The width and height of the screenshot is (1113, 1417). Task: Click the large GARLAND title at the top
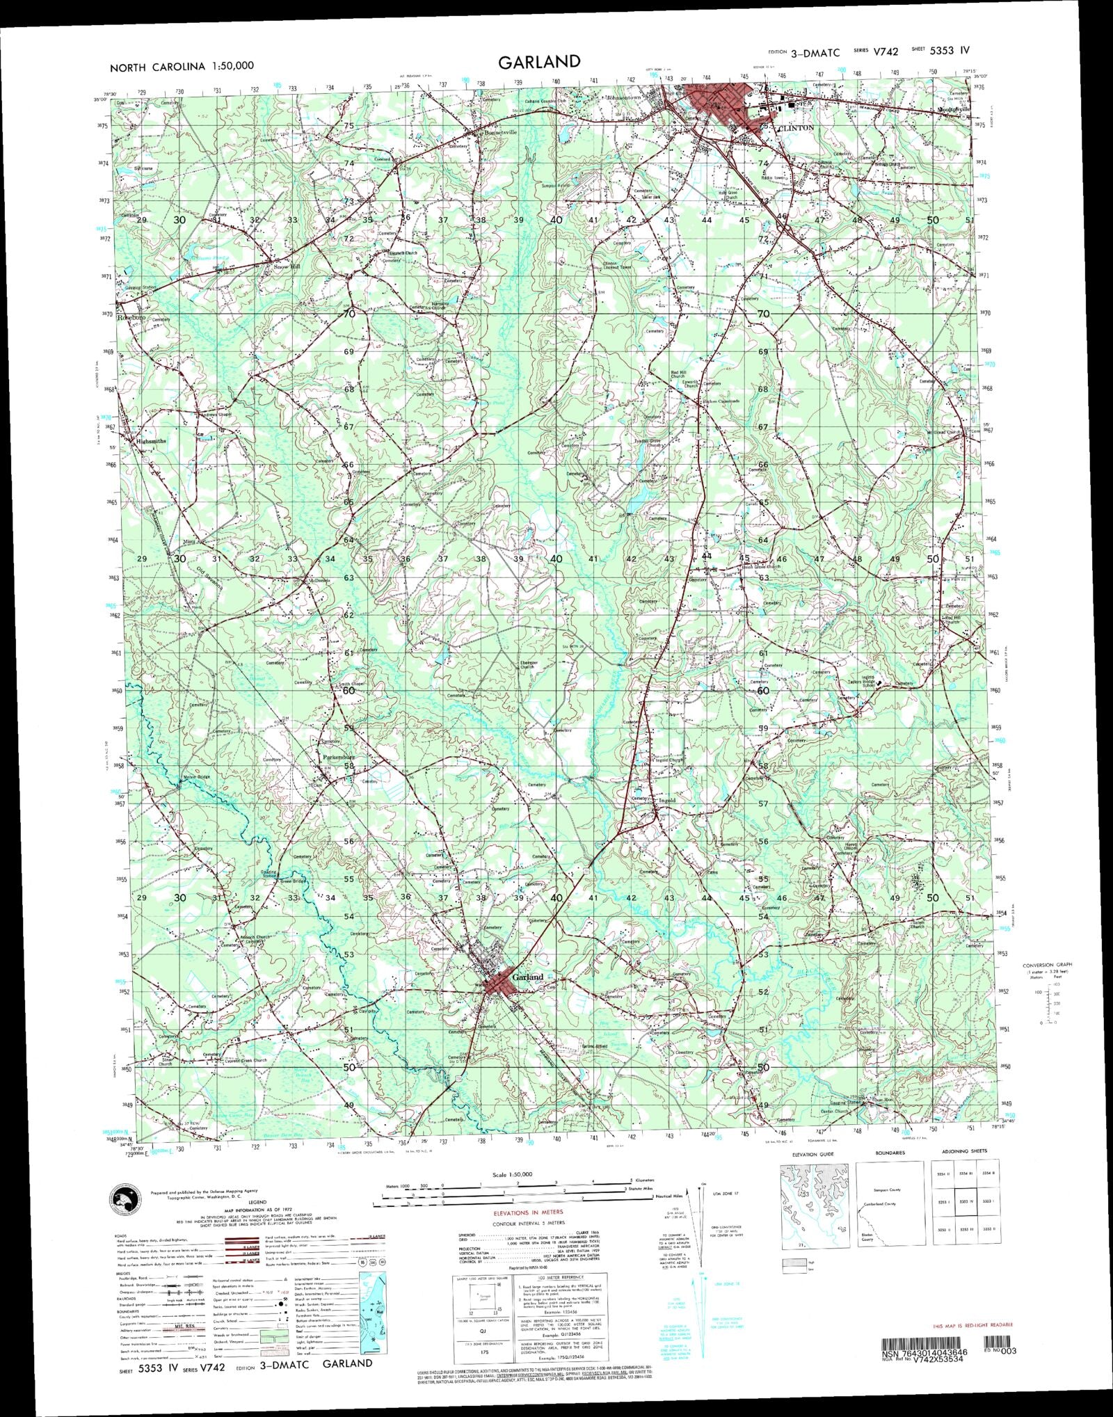[x=538, y=61]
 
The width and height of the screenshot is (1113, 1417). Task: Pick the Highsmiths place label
[x=151, y=441]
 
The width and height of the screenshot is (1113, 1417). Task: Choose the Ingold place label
[x=667, y=801]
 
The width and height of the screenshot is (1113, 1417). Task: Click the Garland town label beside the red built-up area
[x=527, y=977]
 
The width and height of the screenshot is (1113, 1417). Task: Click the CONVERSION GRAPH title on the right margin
[x=1047, y=965]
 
